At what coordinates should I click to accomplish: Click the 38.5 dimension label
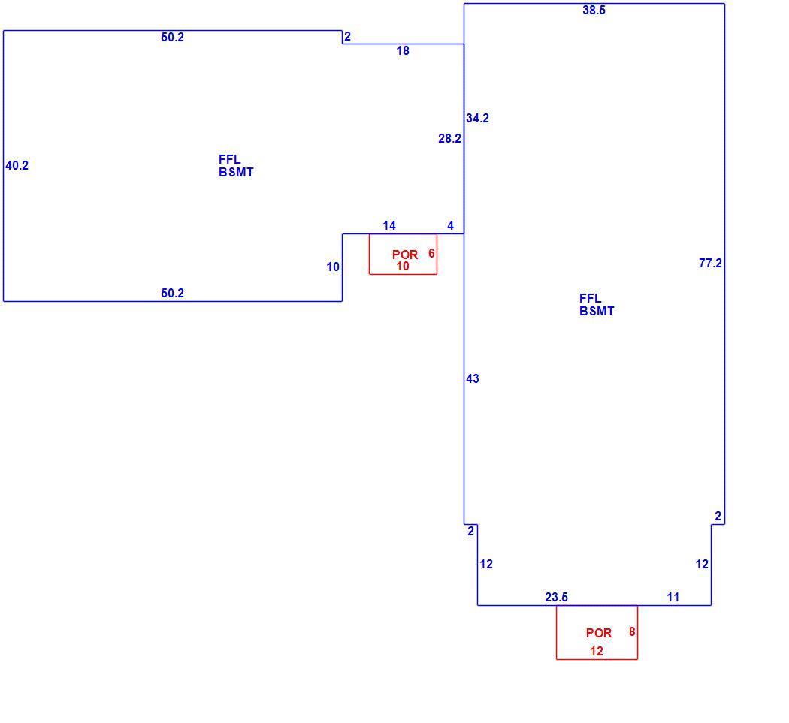(594, 10)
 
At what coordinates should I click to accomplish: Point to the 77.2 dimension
(710, 263)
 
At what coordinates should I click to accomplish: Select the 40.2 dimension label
(17, 165)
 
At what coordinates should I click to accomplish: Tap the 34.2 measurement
(477, 118)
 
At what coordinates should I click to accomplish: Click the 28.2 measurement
(449, 138)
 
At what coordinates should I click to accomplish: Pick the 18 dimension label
(403, 51)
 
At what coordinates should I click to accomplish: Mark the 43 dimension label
(473, 378)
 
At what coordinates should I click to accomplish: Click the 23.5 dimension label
(556, 597)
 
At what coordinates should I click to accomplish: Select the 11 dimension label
(673, 597)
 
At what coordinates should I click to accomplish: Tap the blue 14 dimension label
(389, 225)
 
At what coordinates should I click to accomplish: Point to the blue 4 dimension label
(450, 225)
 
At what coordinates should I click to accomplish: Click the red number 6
(431, 253)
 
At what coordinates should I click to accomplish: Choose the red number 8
(632, 631)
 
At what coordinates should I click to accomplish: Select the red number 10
(403, 266)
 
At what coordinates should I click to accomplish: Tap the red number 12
(597, 651)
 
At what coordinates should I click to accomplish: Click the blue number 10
(333, 267)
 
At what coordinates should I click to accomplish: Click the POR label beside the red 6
(405, 255)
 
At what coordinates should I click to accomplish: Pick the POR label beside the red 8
(599, 633)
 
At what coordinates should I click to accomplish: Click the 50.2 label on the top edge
(173, 38)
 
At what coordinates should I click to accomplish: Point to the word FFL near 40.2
(229, 159)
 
